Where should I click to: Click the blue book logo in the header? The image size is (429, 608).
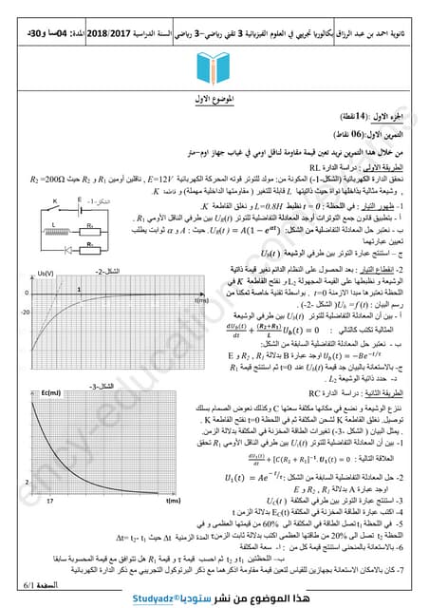pos(214,72)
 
